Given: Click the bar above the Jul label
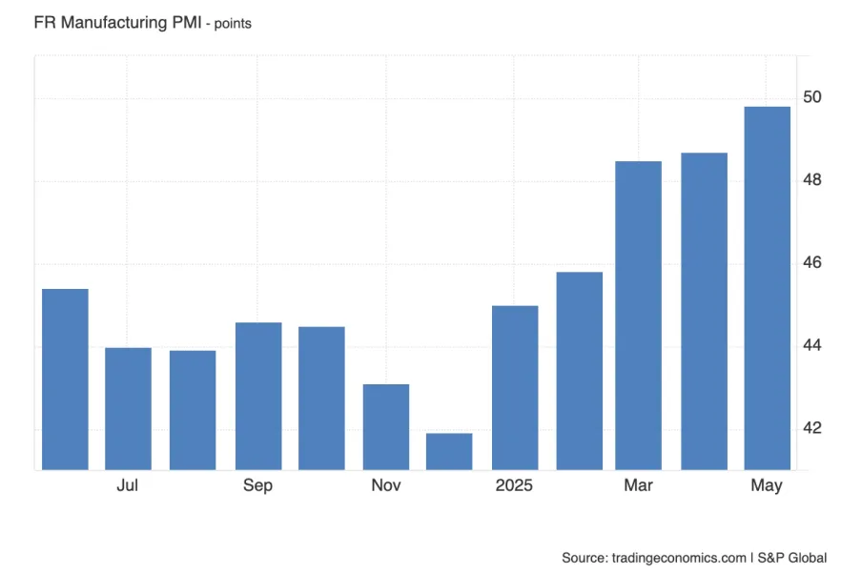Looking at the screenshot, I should coord(128,408).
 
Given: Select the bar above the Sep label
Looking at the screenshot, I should coord(258,396).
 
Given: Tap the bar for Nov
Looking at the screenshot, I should coord(386,426).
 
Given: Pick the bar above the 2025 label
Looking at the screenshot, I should coord(515,387).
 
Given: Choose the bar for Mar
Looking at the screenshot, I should coord(638,315).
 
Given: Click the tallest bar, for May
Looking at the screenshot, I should coord(767,287).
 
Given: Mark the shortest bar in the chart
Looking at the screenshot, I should coord(449,451).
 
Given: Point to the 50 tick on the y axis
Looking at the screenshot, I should coord(813,97).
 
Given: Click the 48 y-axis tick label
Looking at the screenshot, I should coord(813,179).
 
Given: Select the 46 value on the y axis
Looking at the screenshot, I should coord(813,262).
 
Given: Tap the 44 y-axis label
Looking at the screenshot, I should coord(813,344).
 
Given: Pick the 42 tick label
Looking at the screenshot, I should coord(813,427).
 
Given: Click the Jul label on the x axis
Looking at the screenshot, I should coord(128,486).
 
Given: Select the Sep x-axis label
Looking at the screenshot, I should coord(257,486).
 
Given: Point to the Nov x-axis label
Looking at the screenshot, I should coord(385,486).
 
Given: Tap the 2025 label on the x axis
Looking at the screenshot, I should coord(514,486).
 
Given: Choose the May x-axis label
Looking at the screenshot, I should coord(766,486).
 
